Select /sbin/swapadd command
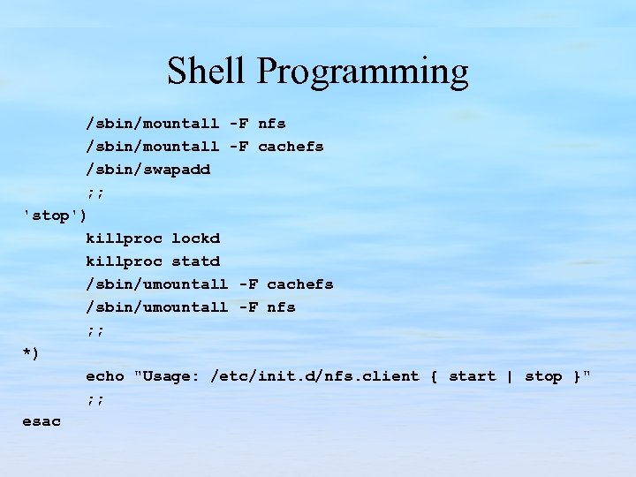[x=148, y=170]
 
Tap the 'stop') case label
[x=55, y=215]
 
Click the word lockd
[x=195, y=238]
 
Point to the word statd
[x=195, y=261]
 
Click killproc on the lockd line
[x=124, y=238]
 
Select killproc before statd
[x=124, y=261]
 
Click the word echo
[x=104, y=376]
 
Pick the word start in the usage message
[x=472, y=376]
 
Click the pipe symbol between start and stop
[x=510, y=376]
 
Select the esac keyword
[x=42, y=422]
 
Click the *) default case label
[x=31, y=353]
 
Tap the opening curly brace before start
[x=434, y=376]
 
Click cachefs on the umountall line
[x=299, y=284]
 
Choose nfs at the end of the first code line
[x=271, y=124]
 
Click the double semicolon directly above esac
[x=95, y=399]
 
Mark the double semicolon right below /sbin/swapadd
[x=95, y=193]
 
